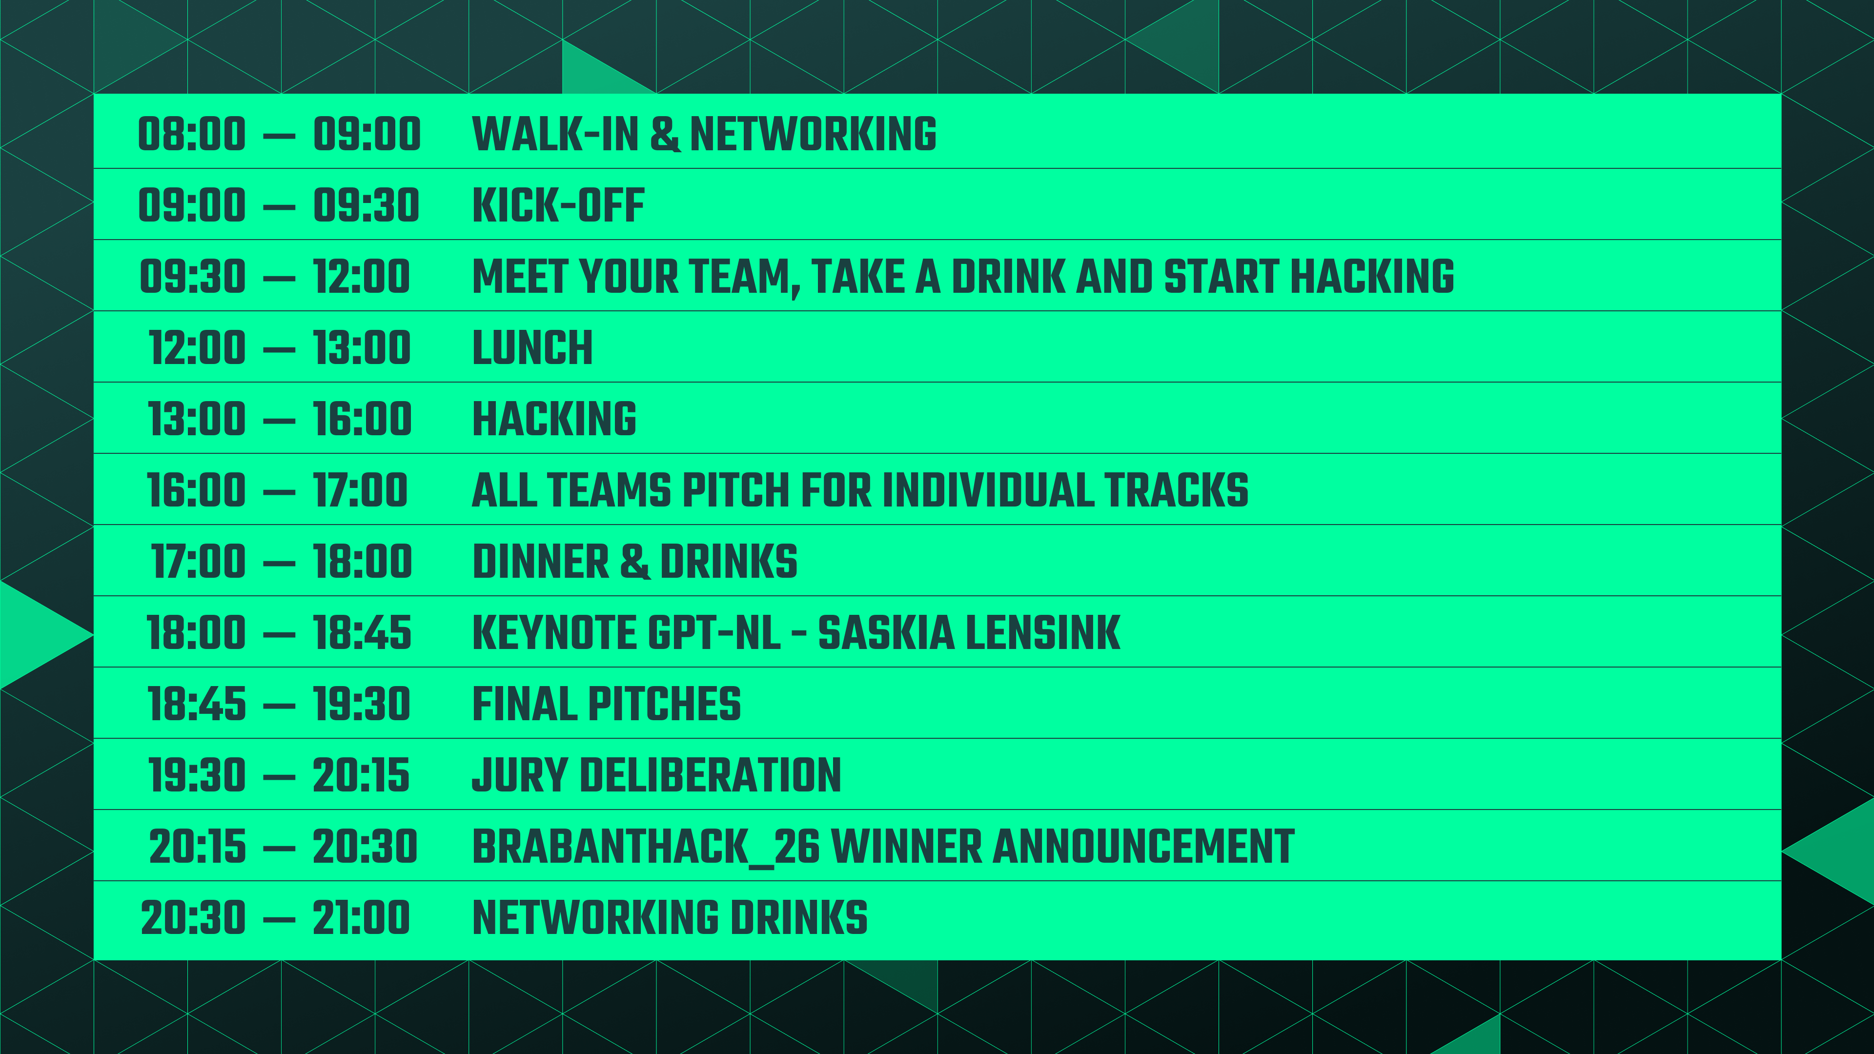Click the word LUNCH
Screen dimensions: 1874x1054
(532, 348)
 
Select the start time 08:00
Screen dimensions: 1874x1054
(192, 135)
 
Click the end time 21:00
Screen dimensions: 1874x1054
(362, 917)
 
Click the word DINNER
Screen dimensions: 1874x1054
(541, 562)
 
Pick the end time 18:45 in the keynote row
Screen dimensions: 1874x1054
(362, 633)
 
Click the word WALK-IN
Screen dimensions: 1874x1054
(555, 135)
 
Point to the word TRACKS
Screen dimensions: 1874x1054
(1176, 490)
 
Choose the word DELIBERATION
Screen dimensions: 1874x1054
(710, 775)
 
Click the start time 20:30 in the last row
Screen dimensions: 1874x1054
(194, 917)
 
